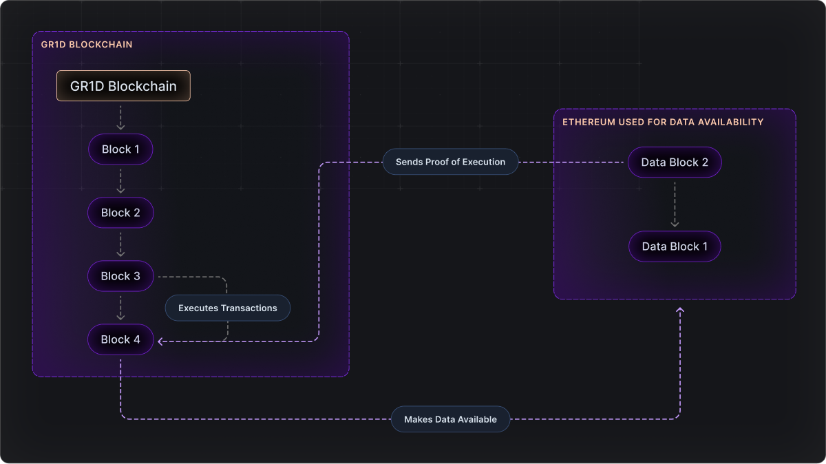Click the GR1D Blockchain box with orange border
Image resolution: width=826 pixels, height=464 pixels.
[123, 87]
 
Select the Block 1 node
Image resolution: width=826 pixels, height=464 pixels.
[120, 149]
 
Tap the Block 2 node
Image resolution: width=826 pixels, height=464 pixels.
[120, 213]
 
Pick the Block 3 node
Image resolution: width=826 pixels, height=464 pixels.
[120, 276]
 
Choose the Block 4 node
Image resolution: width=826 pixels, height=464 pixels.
[120, 339]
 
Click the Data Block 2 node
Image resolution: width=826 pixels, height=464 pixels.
[675, 162]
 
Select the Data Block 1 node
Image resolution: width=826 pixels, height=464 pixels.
[675, 246]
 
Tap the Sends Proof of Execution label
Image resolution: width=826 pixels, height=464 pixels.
[450, 162]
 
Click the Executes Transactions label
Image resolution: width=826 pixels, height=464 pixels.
[228, 308]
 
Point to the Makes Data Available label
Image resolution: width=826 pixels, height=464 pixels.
[450, 419]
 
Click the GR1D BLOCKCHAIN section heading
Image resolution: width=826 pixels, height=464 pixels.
[87, 45]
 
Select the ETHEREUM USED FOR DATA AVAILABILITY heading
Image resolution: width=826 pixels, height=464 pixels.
[663, 122]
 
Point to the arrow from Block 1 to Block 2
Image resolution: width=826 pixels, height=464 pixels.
[120, 181]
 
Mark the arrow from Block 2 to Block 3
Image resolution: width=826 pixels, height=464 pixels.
[120, 244]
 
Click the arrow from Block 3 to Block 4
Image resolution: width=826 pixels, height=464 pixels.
[120, 308]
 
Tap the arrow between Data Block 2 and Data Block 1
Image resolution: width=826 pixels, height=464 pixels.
[675, 204]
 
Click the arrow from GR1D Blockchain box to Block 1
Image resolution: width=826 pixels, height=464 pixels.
[120, 118]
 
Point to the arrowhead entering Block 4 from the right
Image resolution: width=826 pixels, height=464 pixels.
[161, 341]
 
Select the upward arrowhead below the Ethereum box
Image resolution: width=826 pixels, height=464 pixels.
[680, 311]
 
